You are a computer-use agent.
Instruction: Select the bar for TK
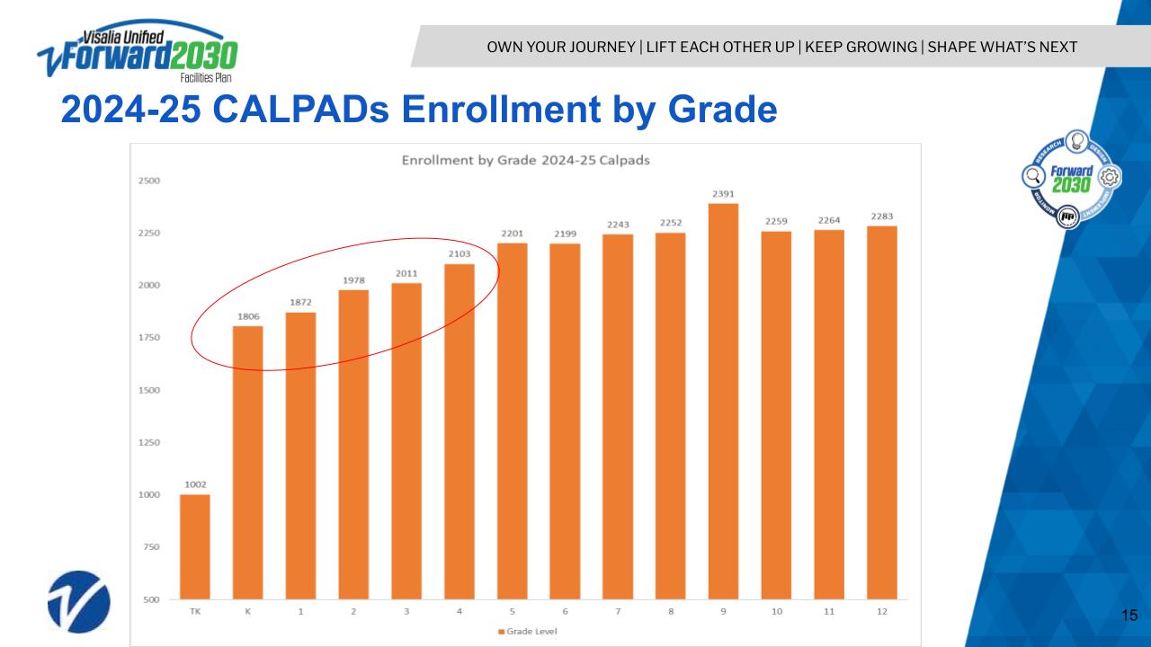pos(195,546)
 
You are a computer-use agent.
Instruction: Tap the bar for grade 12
pos(881,413)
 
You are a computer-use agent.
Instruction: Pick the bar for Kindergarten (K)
pos(247,463)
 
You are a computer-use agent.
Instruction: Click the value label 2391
pos(723,193)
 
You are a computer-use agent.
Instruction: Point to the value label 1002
pos(195,484)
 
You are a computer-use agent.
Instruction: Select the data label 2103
pos(459,254)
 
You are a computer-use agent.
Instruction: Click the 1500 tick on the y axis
pos(149,390)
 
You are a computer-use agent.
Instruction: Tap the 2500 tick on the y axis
pos(149,181)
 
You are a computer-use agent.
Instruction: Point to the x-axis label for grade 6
pos(565,611)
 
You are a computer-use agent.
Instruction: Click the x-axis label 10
pos(776,611)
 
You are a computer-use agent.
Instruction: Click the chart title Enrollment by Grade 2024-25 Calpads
pos(525,160)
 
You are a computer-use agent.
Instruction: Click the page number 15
pos(1130,616)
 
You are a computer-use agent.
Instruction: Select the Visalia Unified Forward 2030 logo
pos(137,52)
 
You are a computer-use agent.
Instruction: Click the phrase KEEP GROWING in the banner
pos(861,47)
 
